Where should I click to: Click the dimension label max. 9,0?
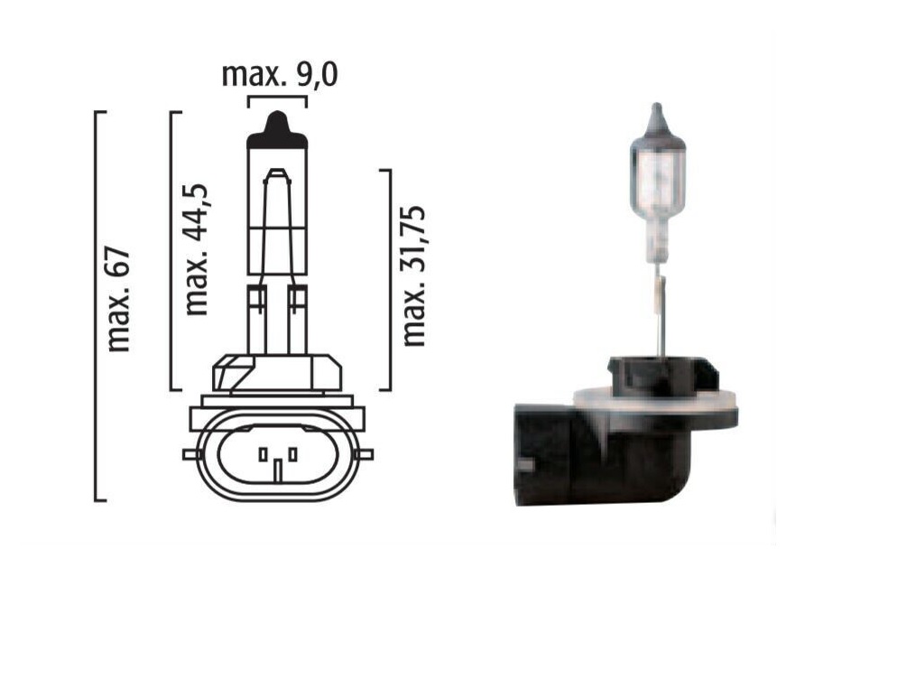coord(280,75)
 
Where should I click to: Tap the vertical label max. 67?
coord(119,300)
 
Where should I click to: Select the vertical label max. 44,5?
coord(196,249)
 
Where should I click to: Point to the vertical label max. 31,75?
coord(413,275)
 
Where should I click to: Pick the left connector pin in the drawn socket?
coord(263,455)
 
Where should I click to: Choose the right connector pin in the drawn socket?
coord(293,455)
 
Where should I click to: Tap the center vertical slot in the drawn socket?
coord(278,470)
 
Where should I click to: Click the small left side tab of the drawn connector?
coord(191,454)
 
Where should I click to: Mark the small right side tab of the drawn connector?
coord(365,455)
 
